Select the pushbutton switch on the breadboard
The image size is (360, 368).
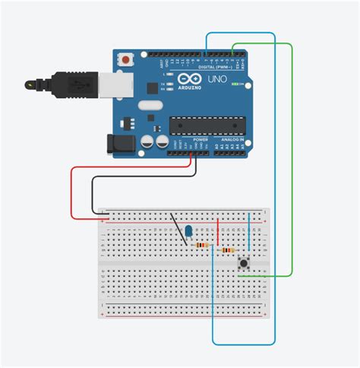245,263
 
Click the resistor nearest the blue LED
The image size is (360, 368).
202,245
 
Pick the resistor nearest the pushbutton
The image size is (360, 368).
226,250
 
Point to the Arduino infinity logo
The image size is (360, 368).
186,79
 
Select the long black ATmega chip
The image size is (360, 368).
207,124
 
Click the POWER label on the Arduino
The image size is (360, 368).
200,140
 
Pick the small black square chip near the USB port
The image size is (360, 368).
140,122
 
